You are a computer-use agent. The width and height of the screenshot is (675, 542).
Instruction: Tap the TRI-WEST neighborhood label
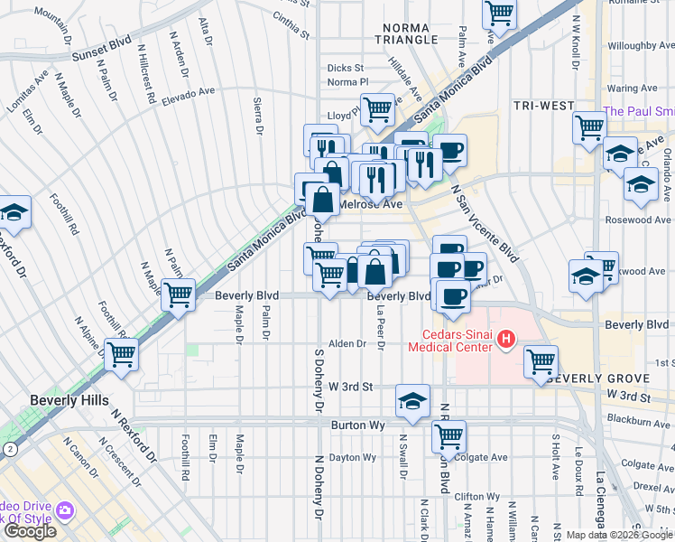click(544, 106)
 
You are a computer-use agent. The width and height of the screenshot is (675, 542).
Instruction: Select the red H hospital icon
click(506, 341)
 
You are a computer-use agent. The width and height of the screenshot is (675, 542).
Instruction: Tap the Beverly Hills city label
click(69, 400)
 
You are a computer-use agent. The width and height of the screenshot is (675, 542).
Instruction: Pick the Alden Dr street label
click(347, 343)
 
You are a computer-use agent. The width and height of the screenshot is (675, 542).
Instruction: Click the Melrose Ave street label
click(369, 205)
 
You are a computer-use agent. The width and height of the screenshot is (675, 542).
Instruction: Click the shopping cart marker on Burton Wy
click(448, 436)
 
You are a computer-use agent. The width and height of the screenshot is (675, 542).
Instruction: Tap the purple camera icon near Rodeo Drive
click(65, 510)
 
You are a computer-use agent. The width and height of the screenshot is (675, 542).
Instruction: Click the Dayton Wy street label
click(352, 457)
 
